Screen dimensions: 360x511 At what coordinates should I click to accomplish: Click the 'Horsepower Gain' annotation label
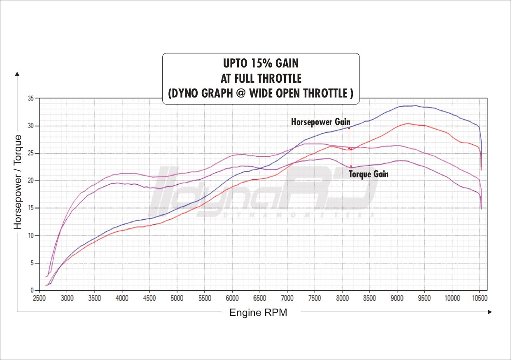click(x=320, y=122)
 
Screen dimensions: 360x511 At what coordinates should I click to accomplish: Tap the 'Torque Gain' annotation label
click(x=369, y=174)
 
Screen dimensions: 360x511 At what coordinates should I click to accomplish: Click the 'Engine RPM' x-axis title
click(x=258, y=313)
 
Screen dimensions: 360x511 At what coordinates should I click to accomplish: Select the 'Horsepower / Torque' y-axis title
click(x=18, y=182)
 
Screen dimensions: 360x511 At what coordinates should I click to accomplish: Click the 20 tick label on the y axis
click(x=31, y=181)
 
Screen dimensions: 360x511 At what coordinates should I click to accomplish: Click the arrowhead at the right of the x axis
click(x=489, y=312)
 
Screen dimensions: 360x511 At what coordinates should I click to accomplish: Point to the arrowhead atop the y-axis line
click(x=17, y=74)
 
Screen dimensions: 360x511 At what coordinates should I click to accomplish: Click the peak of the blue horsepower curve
click(x=416, y=106)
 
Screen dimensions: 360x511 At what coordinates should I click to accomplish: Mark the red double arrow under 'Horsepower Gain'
click(x=349, y=138)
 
